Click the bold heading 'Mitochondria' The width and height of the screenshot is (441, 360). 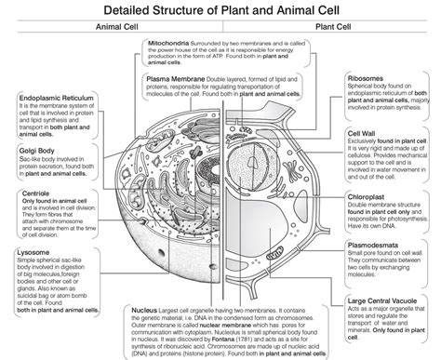pyautogui.click(x=170, y=43)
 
